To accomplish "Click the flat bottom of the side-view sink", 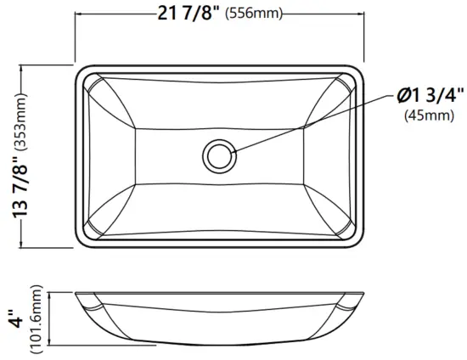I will coord(222,345).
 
